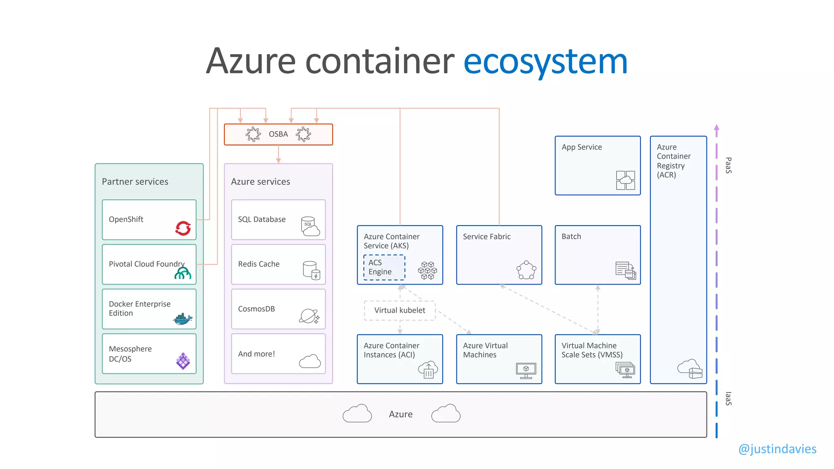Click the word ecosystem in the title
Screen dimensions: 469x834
pos(545,61)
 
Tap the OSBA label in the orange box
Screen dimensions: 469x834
pos(278,134)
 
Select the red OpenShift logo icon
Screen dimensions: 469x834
pos(183,228)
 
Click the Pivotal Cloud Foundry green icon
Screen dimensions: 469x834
pos(183,273)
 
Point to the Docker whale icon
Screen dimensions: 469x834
pos(182,319)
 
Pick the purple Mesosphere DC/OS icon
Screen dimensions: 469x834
pos(183,361)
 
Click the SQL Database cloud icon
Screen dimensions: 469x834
pos(310,226)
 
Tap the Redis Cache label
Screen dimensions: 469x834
pos(259,264)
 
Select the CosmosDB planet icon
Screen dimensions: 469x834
pos(309,316)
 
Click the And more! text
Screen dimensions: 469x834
pos(257,354)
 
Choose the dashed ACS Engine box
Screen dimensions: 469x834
pos(384,267)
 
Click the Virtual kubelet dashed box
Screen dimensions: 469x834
pos(399,310)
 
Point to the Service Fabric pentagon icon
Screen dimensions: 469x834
pos(526,270)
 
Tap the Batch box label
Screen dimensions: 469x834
pos(571,237)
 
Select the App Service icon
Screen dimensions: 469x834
pos(625,180)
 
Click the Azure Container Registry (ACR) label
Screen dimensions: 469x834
pos(674,161)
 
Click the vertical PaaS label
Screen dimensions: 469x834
pos(729,165)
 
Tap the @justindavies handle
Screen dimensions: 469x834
pos(777,449)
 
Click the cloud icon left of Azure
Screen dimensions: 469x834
pos(357,414)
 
